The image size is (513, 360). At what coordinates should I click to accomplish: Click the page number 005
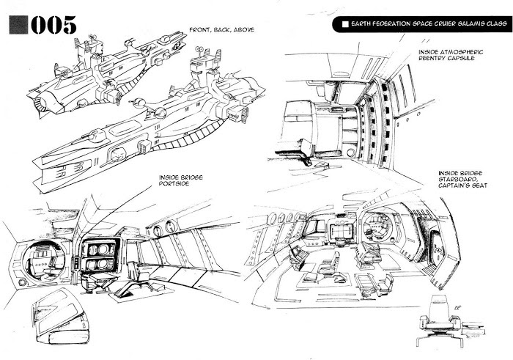click(53, 24)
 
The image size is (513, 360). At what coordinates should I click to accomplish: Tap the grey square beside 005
click(17, 24)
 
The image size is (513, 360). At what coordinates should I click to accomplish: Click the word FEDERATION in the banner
click(393, 24)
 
